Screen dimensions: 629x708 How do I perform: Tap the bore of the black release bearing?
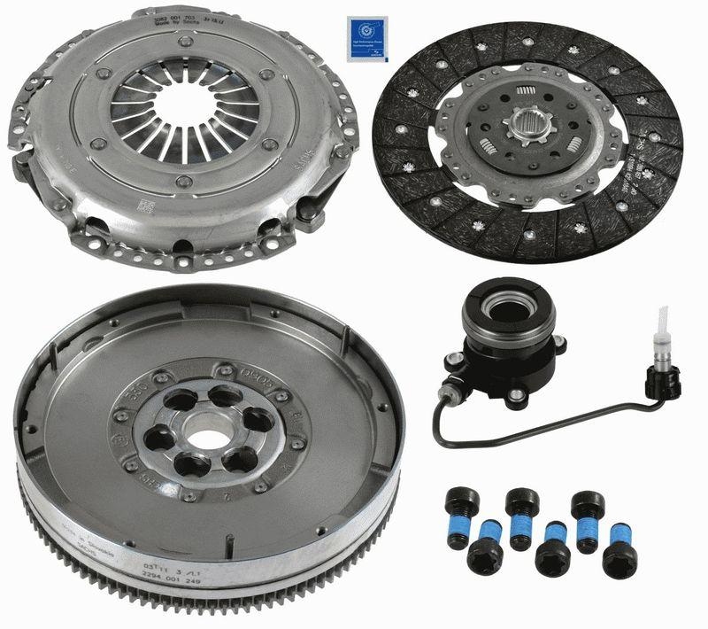(505, 311)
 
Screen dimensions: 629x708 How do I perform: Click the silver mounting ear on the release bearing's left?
(456, 361)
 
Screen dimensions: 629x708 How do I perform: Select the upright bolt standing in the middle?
(522, 514)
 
